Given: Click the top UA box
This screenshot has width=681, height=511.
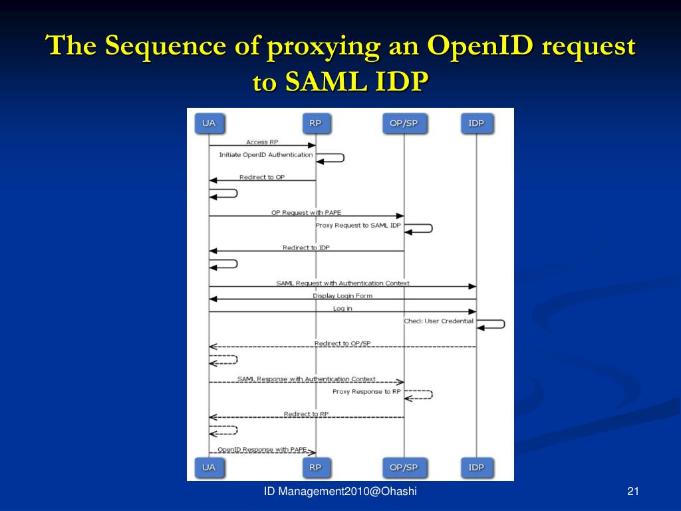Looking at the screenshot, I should [x=209, y=123].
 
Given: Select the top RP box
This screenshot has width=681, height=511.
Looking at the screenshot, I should [x=315, y=123].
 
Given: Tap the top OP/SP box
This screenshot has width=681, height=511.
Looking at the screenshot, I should [x=404, y=123].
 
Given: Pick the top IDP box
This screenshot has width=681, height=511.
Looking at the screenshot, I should [x=476, y=123].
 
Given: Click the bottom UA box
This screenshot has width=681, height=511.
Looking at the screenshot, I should [x=209, y=467].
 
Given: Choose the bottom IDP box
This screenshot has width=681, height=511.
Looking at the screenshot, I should [x=476, y=467].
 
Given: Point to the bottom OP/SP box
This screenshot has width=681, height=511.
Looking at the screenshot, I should [x=404, y=467].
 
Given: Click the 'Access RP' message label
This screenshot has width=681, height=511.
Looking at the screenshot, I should [x=261, y=142].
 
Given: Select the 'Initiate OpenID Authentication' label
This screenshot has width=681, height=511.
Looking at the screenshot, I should [x=266, y=154].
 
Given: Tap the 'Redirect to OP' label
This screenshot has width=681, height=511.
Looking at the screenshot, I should [x=261, y=177].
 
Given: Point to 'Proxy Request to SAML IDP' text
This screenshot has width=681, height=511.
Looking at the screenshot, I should [x=358, y=225].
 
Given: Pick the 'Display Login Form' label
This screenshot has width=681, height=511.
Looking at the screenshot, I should [x=342, y=295].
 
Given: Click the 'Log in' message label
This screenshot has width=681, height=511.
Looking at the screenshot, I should [x=342, y=308].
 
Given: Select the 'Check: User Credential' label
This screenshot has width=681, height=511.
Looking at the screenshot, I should [x=439, y=321].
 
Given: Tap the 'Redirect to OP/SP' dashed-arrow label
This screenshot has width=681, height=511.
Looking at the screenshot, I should [x=342, y=343].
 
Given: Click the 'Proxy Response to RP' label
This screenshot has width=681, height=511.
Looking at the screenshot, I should [x=366, y=391].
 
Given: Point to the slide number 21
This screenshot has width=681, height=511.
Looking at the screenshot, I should [x=632, y=492].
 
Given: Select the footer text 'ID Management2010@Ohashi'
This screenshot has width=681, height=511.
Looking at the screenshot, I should [x=340, y=492].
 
